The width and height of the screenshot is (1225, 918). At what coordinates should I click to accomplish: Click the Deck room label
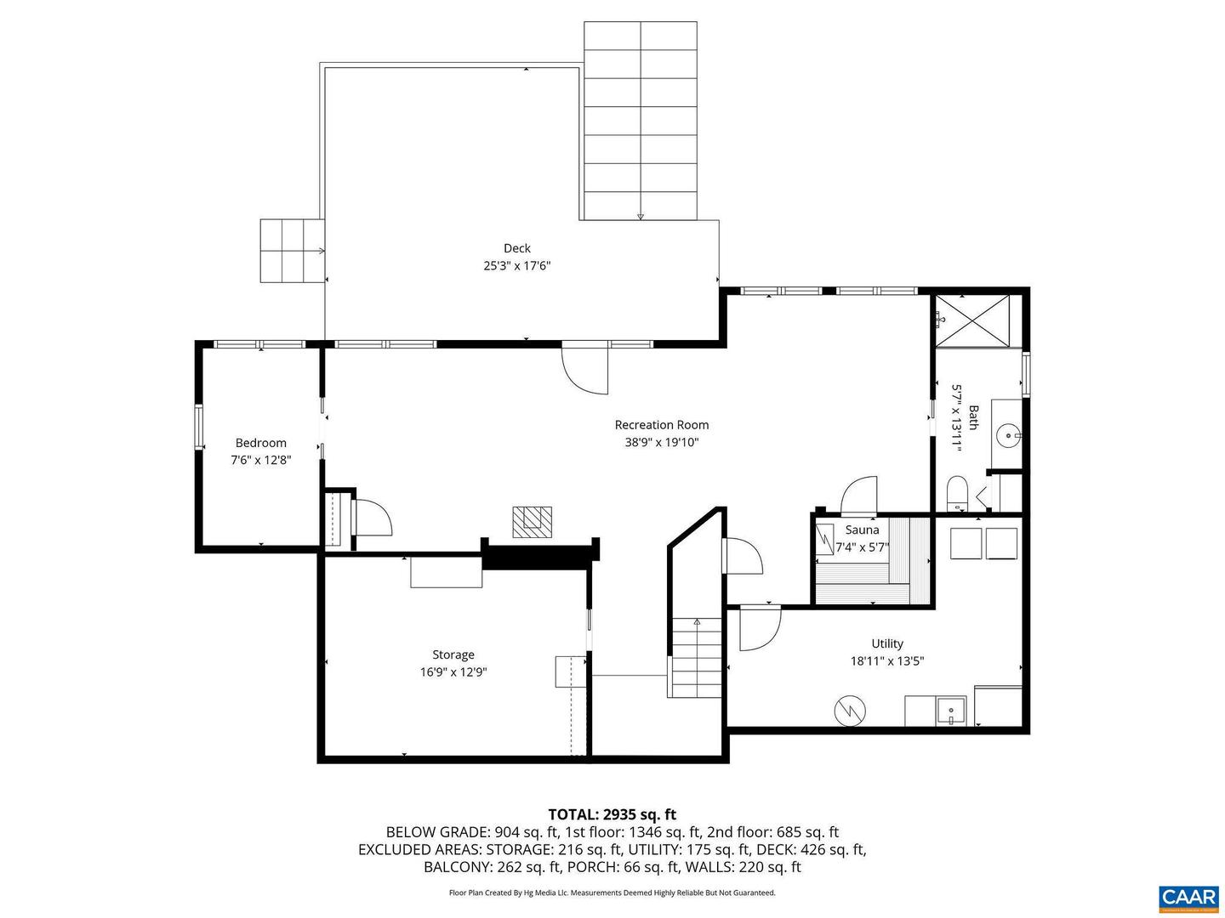click(516, 248)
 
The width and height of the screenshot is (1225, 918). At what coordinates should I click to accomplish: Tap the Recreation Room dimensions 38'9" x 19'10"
click(661, 442)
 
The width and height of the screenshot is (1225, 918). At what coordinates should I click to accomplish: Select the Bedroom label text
click(260, 443)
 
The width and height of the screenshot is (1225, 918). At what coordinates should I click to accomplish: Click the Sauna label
click(862, 530)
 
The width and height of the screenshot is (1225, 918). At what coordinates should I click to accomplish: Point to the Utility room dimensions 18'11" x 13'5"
click(886, 660)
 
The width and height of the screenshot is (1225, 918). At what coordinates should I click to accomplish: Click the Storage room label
click(453, 654)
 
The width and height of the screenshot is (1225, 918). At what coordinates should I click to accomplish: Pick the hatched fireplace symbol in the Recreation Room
click(532, 520)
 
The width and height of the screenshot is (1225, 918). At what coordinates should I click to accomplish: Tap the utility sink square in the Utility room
click(950, 710)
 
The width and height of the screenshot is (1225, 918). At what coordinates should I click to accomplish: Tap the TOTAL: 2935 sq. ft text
click(612, 814)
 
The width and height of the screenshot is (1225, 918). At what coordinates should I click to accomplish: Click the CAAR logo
click(1188, 897)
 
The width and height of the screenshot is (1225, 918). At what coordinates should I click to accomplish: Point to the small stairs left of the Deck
click(292, 251)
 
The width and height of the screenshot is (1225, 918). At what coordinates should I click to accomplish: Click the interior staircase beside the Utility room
click(695, 659)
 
